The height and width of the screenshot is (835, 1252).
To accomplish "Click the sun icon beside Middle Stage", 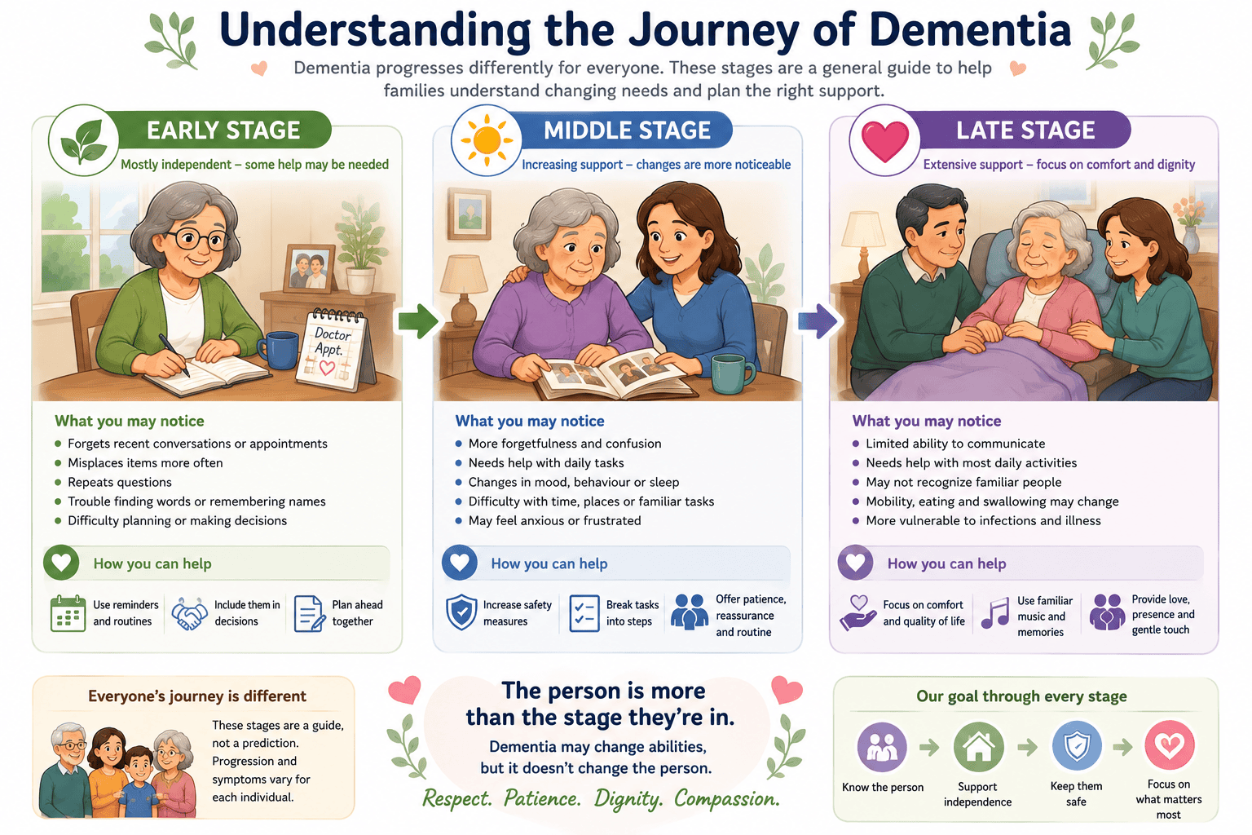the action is point(487,139).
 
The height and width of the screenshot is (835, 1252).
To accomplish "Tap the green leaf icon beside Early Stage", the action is point(84,140).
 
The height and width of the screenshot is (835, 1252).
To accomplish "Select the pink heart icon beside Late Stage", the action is point(884,140).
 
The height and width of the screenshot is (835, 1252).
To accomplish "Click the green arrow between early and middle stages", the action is point(417,321).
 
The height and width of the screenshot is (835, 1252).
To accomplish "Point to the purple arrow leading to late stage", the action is point(818,321).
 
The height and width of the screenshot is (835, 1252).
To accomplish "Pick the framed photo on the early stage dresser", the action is point(310,268).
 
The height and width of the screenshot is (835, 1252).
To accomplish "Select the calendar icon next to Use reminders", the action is point(68,613).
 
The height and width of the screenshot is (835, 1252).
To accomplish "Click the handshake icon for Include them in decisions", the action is point(189,613).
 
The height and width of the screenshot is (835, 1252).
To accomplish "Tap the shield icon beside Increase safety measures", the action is point(461,612).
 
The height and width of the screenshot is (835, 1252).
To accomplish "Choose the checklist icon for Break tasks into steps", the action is point(584,613).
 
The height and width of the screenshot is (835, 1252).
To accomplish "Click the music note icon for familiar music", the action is point(995,613).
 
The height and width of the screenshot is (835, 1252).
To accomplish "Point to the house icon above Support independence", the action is point(978,746).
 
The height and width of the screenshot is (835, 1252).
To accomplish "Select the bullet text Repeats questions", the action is point(120,482).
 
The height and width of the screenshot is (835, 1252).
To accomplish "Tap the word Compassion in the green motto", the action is point(726,798).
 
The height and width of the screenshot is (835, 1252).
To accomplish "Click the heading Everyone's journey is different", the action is point(196,696).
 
